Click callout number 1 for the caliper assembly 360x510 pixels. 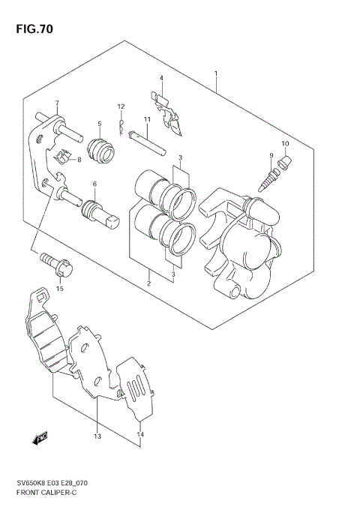(215, 73)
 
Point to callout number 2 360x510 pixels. (148, 283)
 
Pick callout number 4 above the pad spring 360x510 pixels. (160, 78)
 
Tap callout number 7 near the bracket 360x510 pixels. (56, 103)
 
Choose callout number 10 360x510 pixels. (284, 143)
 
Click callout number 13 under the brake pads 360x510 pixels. (97, 436)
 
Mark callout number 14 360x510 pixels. (139, 434)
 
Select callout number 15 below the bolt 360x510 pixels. (60, 288)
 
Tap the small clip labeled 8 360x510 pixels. (64, 158)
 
